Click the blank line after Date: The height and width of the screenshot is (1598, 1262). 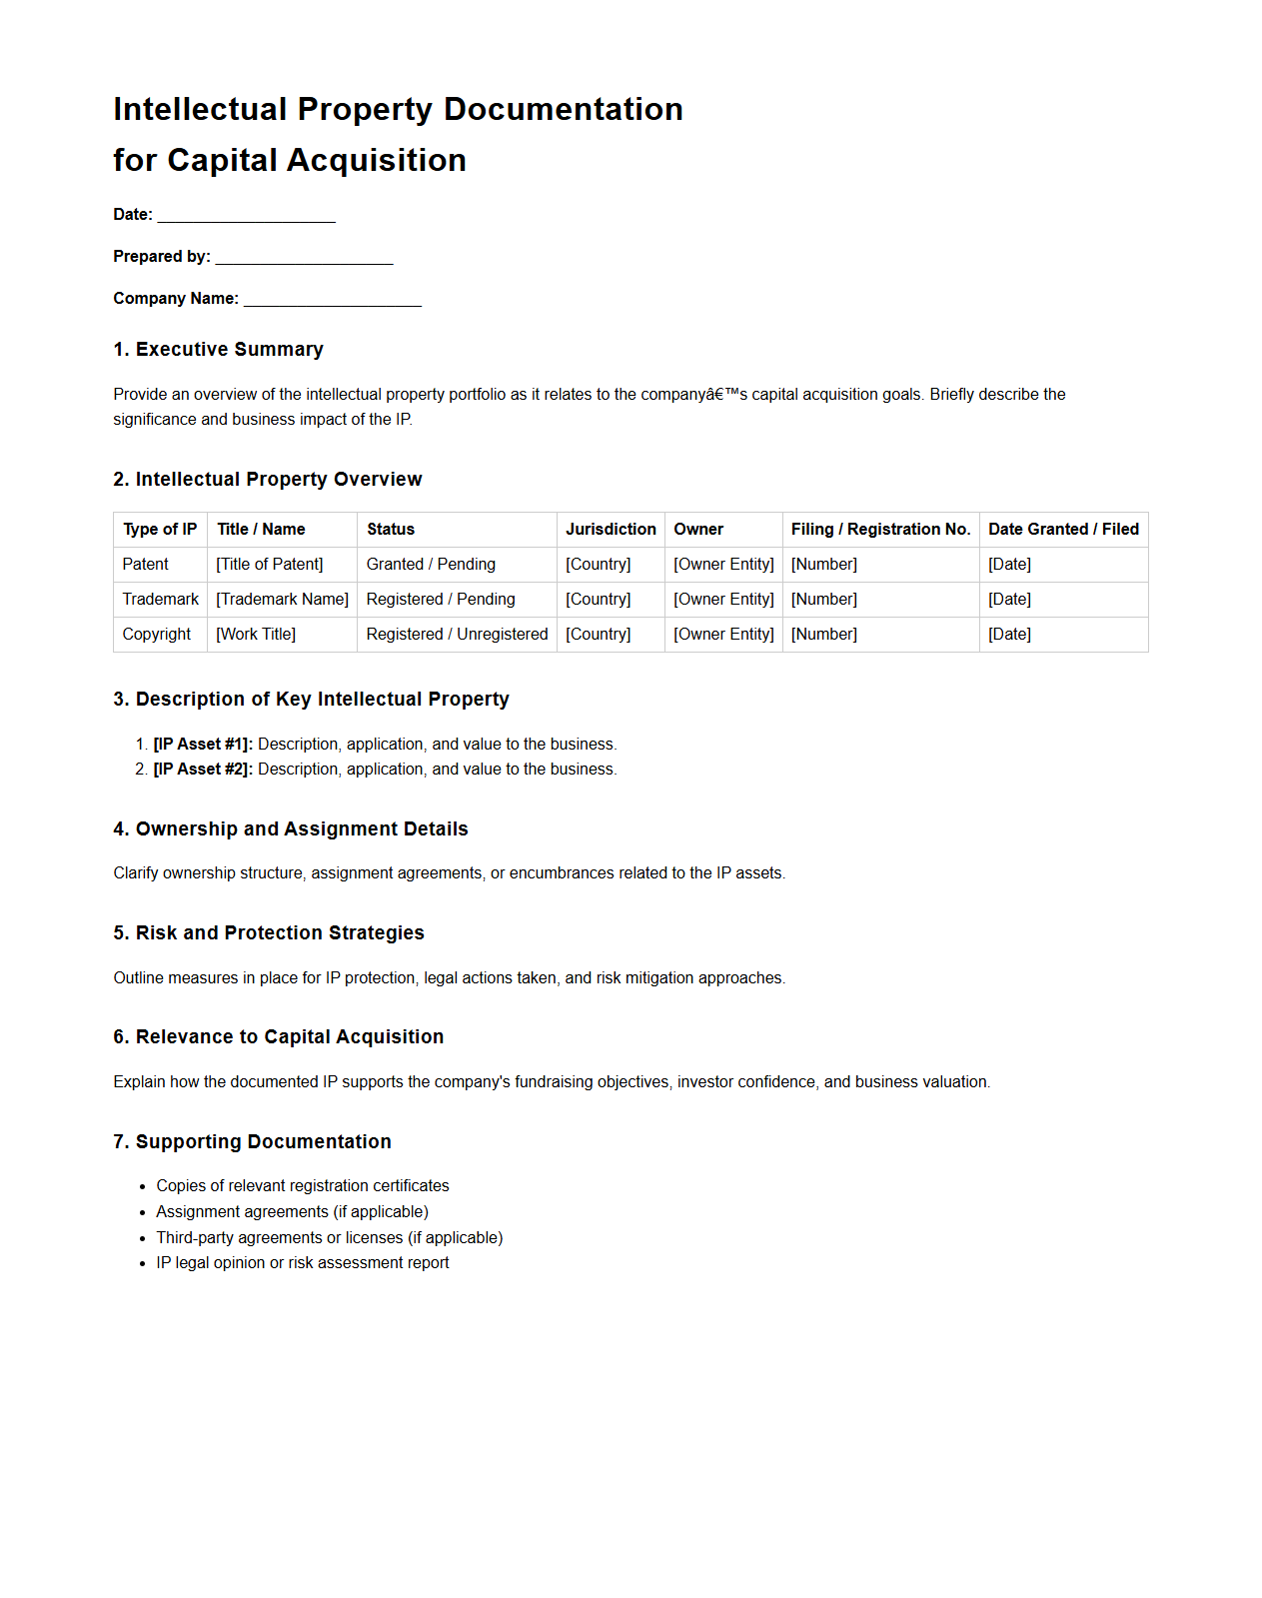click(246, 216)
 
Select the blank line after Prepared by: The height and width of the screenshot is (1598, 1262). click(304, 258)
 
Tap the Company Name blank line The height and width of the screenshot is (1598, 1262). click(332, 300)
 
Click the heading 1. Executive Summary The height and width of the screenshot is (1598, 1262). click(218, 350)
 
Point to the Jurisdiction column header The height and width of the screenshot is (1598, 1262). click(611, 530)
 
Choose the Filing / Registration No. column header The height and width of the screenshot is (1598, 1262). click(880, 530)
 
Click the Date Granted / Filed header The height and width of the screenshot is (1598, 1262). click(1063, 530)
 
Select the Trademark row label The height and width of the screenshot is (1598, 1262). click(160, 600)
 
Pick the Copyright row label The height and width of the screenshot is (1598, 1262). click(156, 635)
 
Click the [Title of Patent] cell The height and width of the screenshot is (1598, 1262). click(270, 565)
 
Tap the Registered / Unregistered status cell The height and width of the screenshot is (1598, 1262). click(457, 635)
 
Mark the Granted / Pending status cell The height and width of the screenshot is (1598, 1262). click(431, 565)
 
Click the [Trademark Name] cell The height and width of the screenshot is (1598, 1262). click(282, 600)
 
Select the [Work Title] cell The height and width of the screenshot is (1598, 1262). click(256, 635)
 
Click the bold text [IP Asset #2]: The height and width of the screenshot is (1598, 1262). click(203, 770)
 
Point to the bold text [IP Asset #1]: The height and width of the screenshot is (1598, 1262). click(203, 745)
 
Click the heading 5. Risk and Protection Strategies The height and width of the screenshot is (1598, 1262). click(268, 933)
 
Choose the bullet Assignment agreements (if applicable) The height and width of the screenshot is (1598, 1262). click(292, 1212)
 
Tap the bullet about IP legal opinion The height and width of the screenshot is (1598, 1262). click(302, 1263)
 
